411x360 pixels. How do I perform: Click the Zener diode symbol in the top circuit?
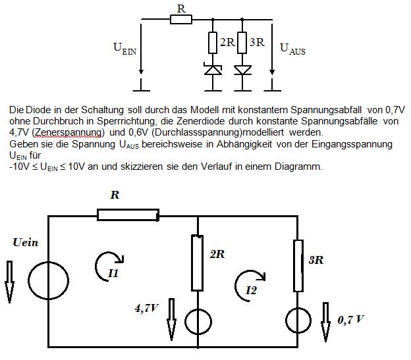point(213,70)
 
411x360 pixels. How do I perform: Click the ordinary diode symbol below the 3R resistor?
point(242,70)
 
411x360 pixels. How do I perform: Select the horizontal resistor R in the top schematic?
point(181,19)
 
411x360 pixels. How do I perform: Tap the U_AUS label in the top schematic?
point(292,49)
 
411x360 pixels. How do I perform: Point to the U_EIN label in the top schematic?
point(124,49)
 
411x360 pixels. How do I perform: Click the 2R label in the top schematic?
point(227,42)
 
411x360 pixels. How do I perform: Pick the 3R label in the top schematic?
point(257,42)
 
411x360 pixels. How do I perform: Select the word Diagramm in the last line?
point(298,167)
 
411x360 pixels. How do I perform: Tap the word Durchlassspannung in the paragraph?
point(198,132)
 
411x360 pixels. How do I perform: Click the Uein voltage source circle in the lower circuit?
point(49,280)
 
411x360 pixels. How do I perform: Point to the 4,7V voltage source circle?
point(198,322)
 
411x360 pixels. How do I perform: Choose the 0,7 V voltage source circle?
point(298,321)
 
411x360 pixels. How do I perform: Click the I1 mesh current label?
point(113,273)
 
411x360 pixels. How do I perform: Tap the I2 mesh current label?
point(251,290)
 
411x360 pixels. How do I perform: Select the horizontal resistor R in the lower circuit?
point(128,215)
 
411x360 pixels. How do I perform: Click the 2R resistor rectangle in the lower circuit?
point(198,263)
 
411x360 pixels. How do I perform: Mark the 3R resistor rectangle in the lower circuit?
point(298,266)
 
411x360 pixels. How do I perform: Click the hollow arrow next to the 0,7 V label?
point(325,322)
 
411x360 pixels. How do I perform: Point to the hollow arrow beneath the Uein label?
point(9,282)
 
